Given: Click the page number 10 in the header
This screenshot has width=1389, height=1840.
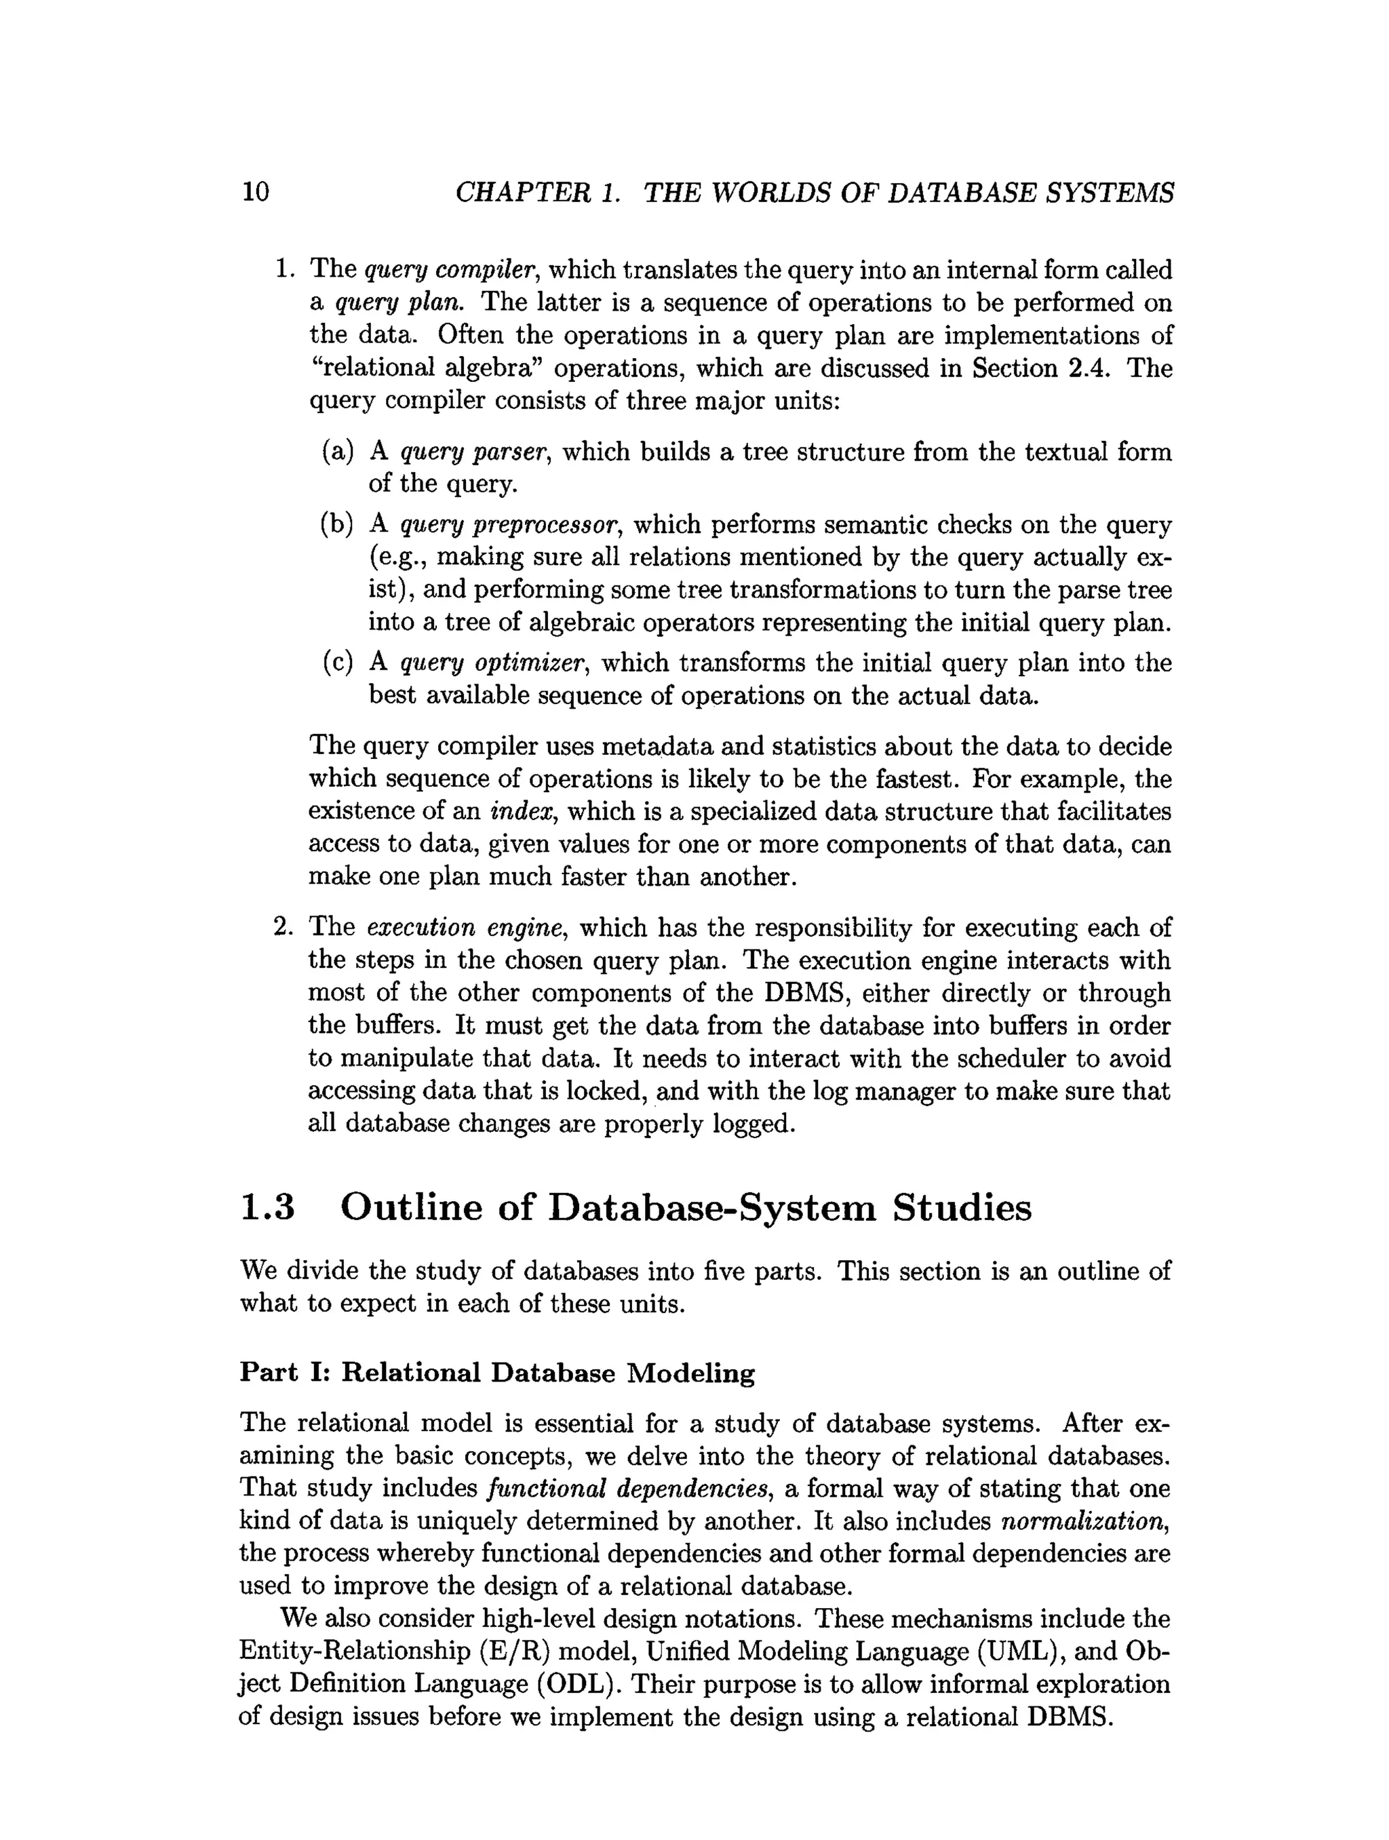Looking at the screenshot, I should pos(255,192).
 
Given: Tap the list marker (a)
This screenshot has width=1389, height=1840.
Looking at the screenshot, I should pos(338,452).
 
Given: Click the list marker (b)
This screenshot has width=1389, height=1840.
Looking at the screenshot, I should pos(338,525).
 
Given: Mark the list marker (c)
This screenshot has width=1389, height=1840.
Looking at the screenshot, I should pos(338,663).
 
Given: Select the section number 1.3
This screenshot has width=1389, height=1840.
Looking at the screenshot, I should pos(268,1208).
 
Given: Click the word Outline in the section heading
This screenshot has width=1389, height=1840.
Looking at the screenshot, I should pos(412,1208).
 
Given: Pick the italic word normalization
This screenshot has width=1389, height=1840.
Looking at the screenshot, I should pos(1084,1521).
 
